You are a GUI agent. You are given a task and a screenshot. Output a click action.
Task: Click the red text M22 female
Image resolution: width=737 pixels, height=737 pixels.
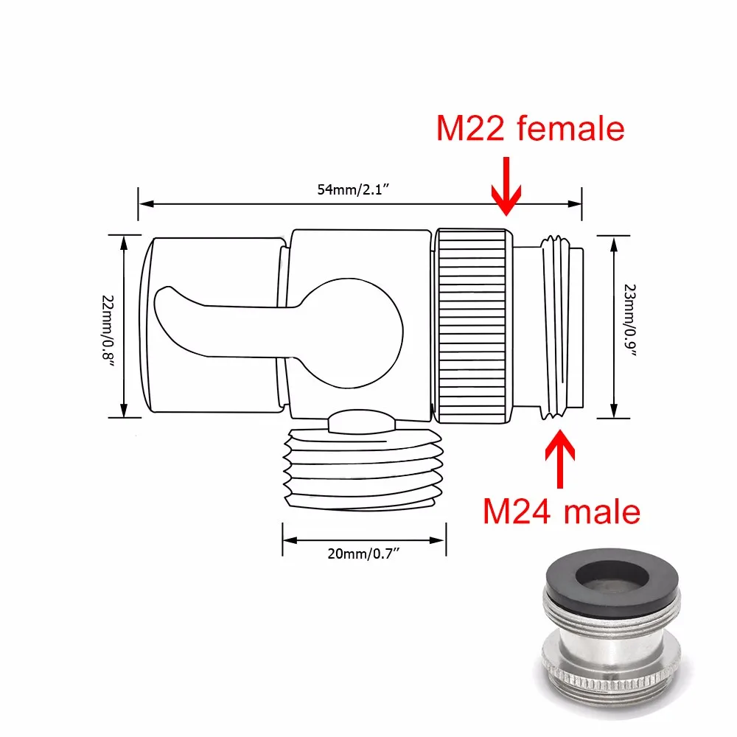(530, 128)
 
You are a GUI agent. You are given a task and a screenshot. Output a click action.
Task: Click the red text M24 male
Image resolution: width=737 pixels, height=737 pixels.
(562, 511)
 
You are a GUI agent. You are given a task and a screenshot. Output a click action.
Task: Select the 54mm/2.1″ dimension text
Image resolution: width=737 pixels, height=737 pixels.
(353, 189)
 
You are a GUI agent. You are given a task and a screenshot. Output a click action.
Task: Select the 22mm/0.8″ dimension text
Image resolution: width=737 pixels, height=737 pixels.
(108, 325)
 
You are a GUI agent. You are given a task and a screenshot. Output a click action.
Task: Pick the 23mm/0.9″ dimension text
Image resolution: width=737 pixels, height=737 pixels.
(629, 325)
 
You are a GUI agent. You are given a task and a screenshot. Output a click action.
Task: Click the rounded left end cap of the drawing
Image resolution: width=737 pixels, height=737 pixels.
(147, 325)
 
